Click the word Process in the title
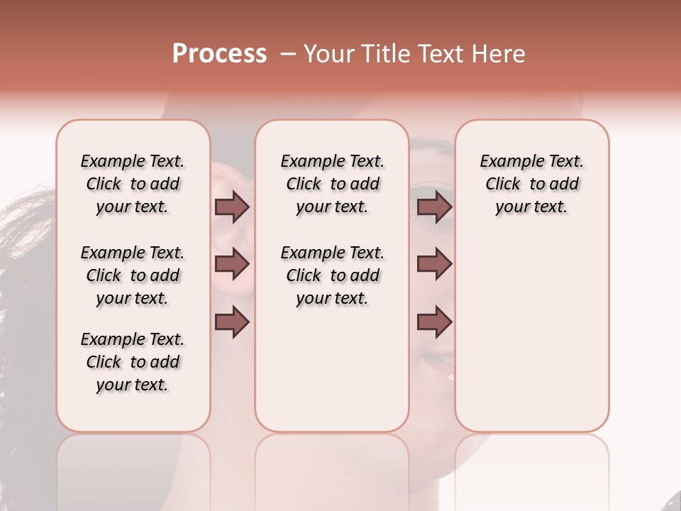coord(219,53)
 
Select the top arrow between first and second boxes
coord(232,207)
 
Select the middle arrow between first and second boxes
coord(232,265)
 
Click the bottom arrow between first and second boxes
coord(232,322)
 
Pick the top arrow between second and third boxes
coord(434,207)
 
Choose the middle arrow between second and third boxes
coord(434,265)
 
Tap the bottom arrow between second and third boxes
coord(434,322)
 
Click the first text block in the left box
coord(133,184)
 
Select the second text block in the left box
coord(133,275)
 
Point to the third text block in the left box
coord(133,362)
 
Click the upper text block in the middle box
coord(332,184)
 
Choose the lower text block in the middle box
coord(332,275)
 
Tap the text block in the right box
coord(531,184)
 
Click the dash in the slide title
coord(287,54)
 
